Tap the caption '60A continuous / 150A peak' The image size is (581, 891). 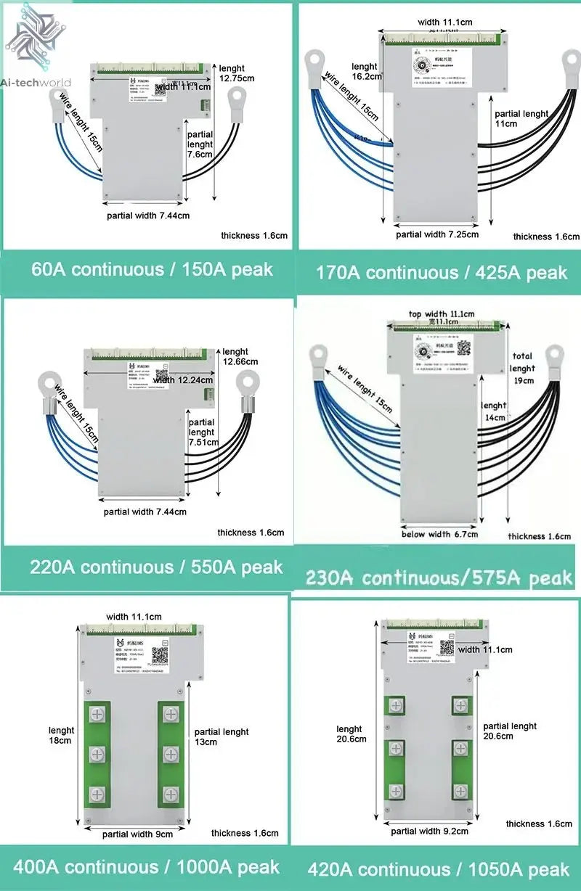pyautogui.click(x=152, y=269)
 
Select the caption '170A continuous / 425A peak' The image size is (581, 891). pyautogui.click(x=441, y=273)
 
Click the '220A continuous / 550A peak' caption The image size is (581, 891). pyautogui.click(x=155, y=567)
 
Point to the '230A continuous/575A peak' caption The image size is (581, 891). pyautogui.click(x=439, y=578)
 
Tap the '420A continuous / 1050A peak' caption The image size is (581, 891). pyautogui.click(x=438, y=869)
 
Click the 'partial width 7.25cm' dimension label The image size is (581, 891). pyautogui.click(x=437, y=234)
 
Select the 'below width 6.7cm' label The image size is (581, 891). pyautogui.click(x=439, y=535)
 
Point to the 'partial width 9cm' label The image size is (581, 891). pyautogui.click(x=137, y=834)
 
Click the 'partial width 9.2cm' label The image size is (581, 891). pyautogui.click(x=429, y=831)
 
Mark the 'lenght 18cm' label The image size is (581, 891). pyautogui.click(x=61, y=736)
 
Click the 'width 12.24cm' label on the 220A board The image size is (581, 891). pyautogui.click(x=184, y=380)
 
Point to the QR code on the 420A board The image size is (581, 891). pyautogui.click(x=446, y=646)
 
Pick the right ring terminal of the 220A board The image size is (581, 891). pyautogui.click(x=247, y=382)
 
